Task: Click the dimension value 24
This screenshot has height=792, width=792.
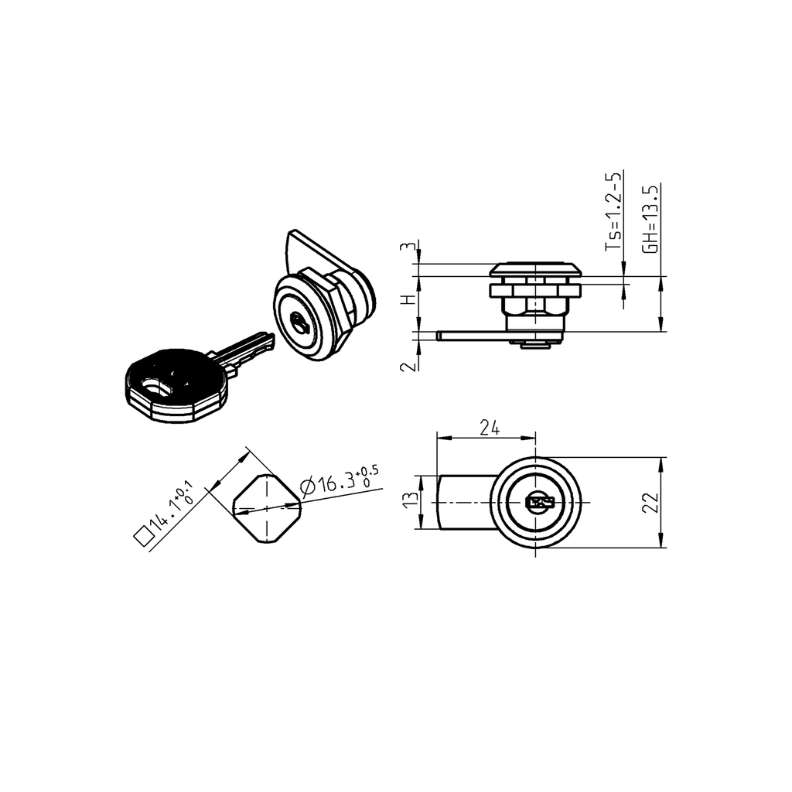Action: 488,428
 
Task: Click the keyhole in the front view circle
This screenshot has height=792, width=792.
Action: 539,504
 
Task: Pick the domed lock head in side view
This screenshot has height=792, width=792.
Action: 537,270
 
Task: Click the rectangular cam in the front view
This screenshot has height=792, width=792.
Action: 464,503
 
